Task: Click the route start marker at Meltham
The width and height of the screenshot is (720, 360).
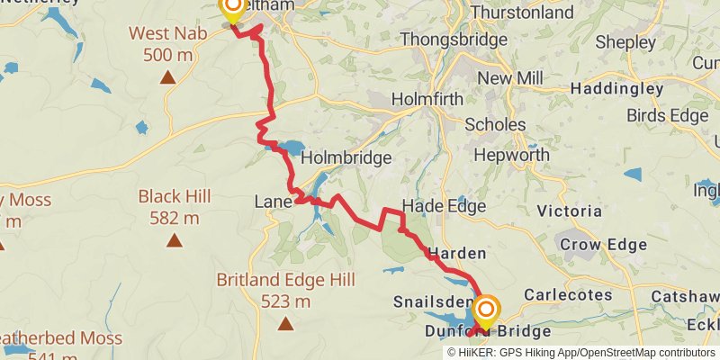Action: click(232, 9)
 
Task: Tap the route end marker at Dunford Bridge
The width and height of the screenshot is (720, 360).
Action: click(486, 313)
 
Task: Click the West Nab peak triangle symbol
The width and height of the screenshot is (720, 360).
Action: click(167, 78)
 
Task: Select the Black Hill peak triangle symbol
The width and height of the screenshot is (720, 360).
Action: click(174, 240)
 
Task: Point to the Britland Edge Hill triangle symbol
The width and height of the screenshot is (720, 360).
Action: click(285, 323)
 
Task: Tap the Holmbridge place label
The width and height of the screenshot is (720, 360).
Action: click(346, 157)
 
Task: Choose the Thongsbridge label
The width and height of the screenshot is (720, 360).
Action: click(446, 40)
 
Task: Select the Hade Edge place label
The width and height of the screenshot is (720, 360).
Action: click(444, 206)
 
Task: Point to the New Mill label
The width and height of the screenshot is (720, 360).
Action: click(509, 78)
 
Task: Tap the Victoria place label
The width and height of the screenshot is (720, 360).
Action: click(569, 211)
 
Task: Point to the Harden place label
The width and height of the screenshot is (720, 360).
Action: click(457, 253)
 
